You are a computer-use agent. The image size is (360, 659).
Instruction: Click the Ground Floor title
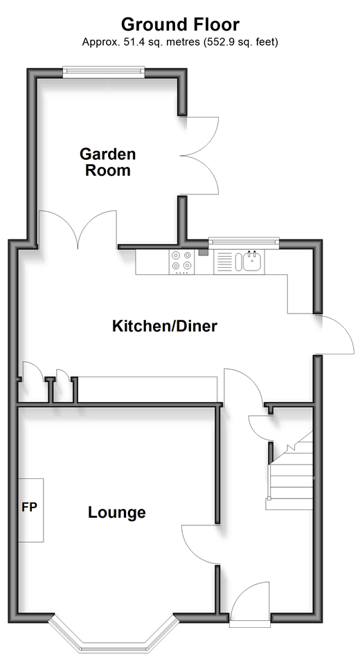point(180,24)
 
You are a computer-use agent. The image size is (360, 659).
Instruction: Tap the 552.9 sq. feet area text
point(240,42)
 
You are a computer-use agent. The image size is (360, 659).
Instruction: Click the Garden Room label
point(108,162)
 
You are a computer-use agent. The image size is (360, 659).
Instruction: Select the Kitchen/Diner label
point(165,326)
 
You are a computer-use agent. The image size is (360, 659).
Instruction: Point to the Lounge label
point(117,512)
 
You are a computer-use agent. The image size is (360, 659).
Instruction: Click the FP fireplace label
point(30,507)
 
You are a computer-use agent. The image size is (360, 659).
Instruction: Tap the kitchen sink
point(252,261)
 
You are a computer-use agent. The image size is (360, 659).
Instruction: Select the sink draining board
point(224,262)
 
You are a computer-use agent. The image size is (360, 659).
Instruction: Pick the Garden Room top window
point(104,72)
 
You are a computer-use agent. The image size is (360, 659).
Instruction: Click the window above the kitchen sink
point(244,242)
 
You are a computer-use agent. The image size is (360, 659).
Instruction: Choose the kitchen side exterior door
point(334,334)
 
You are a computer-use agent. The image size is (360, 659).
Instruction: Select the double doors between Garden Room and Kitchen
point(78,228)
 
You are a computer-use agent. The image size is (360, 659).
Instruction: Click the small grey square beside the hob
point(204,253)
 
